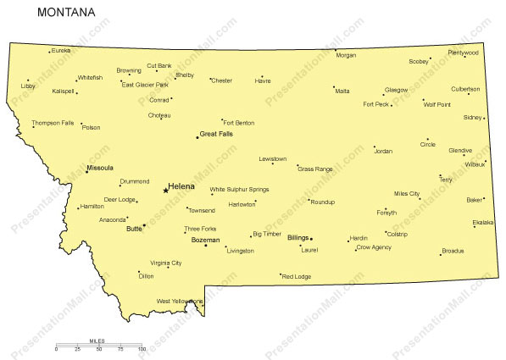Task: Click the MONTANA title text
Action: point(66,14)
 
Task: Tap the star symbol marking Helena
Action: point(165,190)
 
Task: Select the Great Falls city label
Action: point(215,134)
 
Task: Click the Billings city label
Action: point(297,238)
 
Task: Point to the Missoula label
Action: point(100,169)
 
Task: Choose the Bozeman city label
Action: point(205,240)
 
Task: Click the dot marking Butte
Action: point(144,225)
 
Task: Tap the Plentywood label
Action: point(464,53)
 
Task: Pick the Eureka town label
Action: point(61,51)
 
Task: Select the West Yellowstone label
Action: point(180,301)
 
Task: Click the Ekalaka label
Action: point(483,222)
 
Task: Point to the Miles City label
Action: point(407,194)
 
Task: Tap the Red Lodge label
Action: point(297,277)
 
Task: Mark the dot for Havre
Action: point(262,76)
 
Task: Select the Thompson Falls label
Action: point(53,123)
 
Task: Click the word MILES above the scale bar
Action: point(97,341)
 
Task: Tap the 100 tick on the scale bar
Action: point(142,349)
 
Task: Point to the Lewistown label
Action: point(273,158)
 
